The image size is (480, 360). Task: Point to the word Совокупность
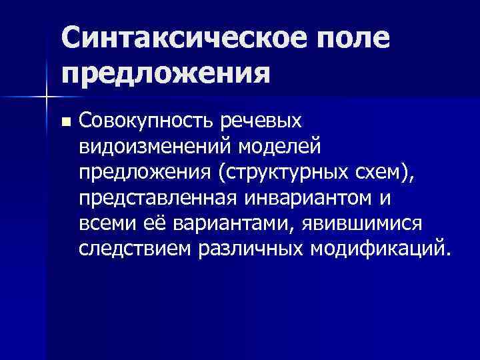coord(147,121)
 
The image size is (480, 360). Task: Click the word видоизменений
coord(159,145)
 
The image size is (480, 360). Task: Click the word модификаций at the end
coord(380,249)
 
